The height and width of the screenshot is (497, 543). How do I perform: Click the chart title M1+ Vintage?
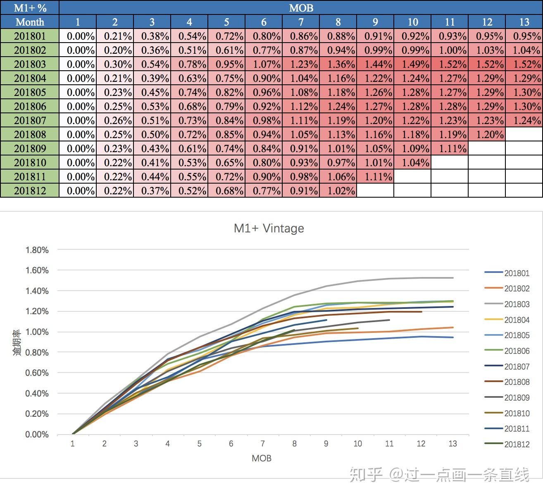pos(269,228)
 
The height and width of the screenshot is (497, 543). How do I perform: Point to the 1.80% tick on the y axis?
pos(37,250)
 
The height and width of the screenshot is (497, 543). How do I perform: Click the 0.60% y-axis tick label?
pos(37,373)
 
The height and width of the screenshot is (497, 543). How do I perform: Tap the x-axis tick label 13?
pos(452,444)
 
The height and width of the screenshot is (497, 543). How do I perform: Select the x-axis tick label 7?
pos(262,444)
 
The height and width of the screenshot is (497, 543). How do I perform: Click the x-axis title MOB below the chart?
pos(262,458)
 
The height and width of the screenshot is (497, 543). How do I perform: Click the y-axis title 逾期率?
pos(17,343)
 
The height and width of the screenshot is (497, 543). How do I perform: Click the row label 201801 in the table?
pos(30,36)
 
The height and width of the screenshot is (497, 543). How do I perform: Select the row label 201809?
pos(30,148)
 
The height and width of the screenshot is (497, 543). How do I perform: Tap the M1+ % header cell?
pos(30,8)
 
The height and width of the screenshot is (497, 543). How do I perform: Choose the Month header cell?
pos(30,22)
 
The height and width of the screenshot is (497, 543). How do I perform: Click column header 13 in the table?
pos(524,22)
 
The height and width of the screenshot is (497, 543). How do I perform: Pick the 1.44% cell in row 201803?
pos(375,64)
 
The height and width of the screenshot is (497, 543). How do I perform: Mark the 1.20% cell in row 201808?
pos(487,134)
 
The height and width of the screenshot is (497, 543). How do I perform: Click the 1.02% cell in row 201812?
pos(338,191)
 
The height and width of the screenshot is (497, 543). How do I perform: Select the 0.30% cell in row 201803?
pos(115,64)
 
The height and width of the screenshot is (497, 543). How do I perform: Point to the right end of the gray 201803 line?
pos(453,278)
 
